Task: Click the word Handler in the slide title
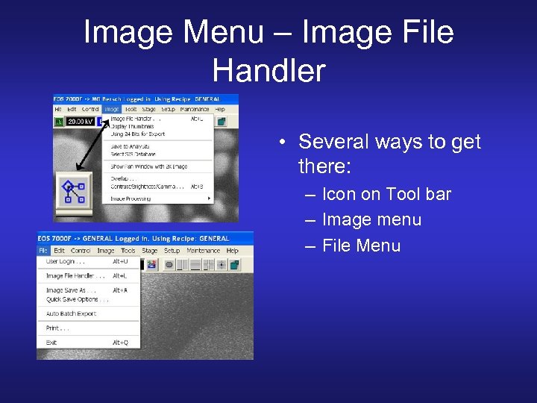tap(268, 70)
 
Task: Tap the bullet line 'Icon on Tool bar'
tap(386, 195)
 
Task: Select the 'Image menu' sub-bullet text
tap(371, 220)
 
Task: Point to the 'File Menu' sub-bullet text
tap(361, 246)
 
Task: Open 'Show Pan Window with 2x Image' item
tap(148, 166)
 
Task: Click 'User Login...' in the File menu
tap(65, 262)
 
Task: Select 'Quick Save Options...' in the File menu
tap(77, 299)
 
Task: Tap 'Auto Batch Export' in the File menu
tap(71, 313)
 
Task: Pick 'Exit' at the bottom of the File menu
tap(51, 343)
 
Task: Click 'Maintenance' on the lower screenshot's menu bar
tap(203, 251)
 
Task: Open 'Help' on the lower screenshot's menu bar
tap(232, 251)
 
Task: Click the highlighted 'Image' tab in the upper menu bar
tap(112, 109)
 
